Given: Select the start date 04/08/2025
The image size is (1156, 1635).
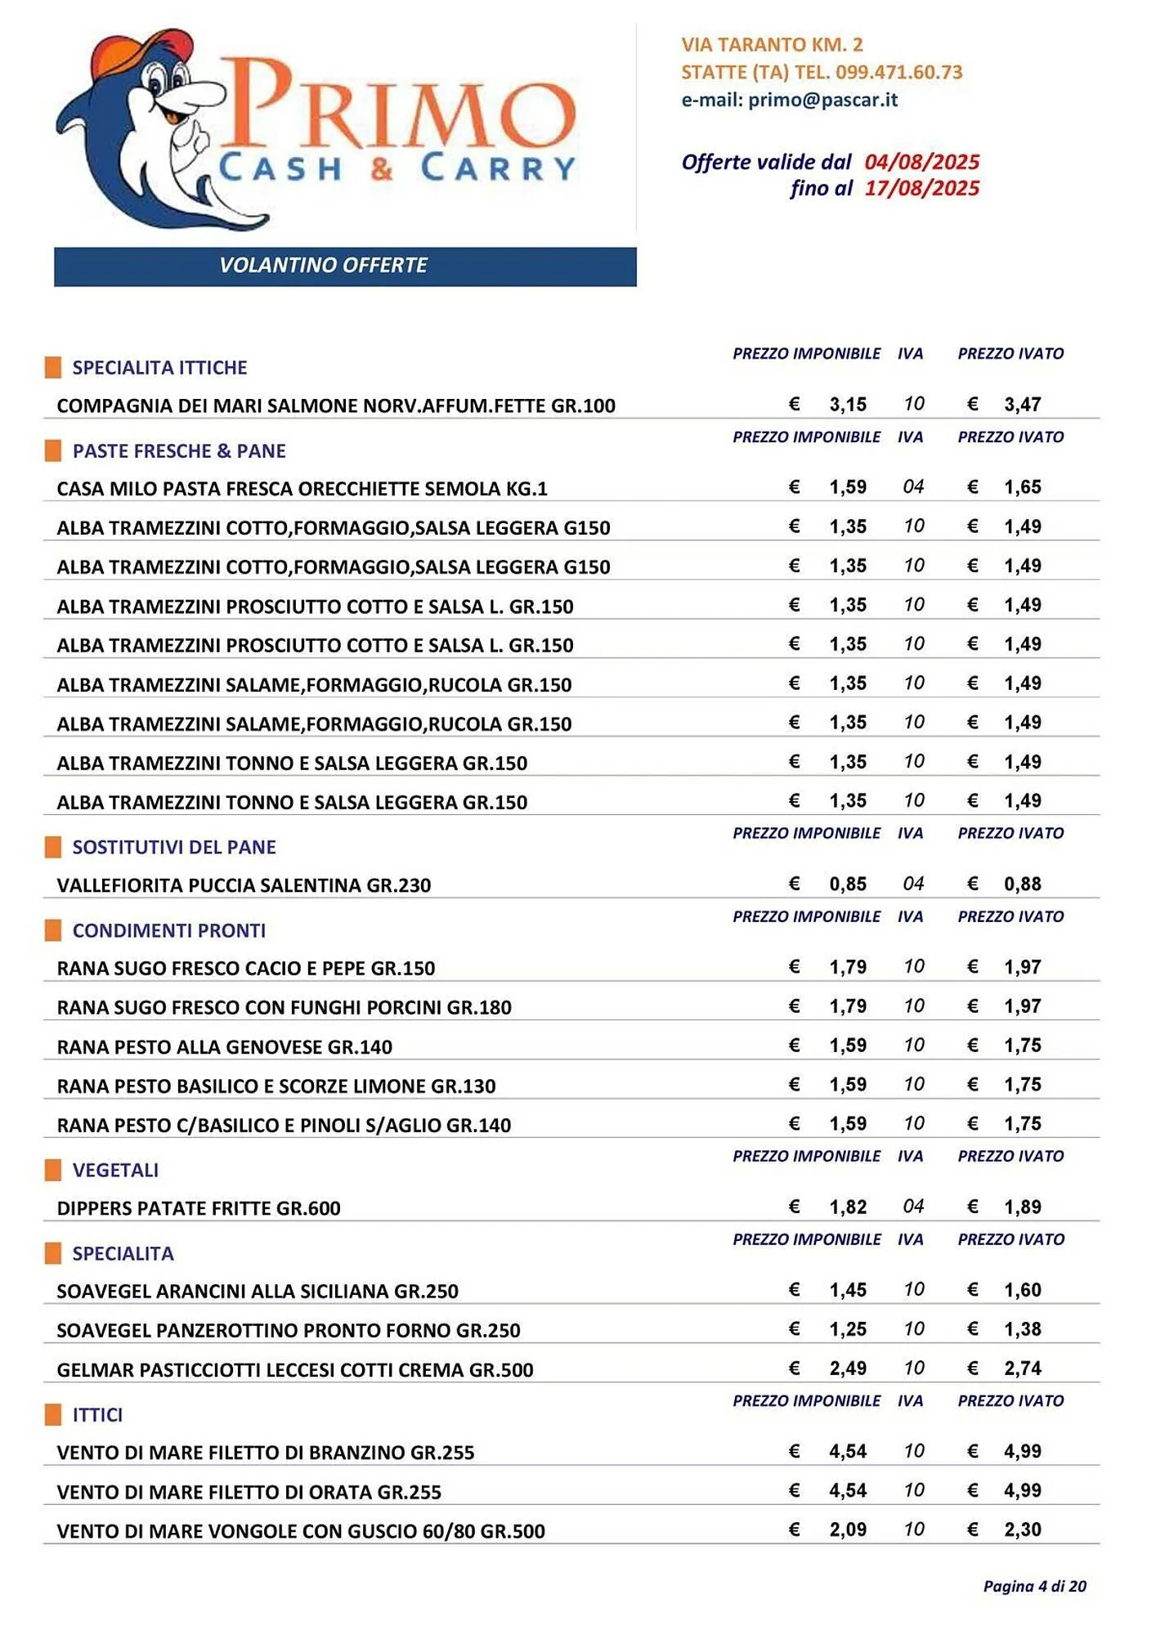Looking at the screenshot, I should coord(921,162).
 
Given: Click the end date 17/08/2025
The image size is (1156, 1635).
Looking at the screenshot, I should coord(921,189).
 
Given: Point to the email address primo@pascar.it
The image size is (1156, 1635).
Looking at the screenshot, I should coord(822,100).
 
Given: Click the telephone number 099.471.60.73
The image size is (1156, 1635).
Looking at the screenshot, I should coord(898,72).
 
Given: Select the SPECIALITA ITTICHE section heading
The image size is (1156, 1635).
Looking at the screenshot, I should coord(159,368).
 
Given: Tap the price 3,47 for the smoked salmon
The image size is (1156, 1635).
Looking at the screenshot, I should coord(1022,405).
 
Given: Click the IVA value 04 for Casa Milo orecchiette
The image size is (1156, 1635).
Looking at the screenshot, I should coord(913,487).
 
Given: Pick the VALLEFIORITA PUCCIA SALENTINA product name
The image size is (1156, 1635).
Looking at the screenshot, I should coord(244,885).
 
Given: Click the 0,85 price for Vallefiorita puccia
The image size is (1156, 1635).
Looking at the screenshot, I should coord(847,885).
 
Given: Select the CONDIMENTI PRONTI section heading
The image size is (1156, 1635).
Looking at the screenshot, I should coord(169,931).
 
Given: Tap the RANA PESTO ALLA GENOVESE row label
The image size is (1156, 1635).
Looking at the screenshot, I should coord(225,1047).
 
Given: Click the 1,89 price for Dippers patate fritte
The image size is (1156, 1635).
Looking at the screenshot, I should coord(1022,1207).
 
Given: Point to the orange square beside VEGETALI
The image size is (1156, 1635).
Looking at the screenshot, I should coord(53,1171).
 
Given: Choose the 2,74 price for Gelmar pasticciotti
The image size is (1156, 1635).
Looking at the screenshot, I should coord(1022,1368).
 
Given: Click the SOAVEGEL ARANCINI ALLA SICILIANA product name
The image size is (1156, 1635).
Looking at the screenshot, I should coord(258,1292).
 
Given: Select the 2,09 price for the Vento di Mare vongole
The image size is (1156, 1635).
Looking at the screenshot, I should coord(847,1530).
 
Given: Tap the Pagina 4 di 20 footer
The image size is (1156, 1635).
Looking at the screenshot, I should coord(1034,1587).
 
